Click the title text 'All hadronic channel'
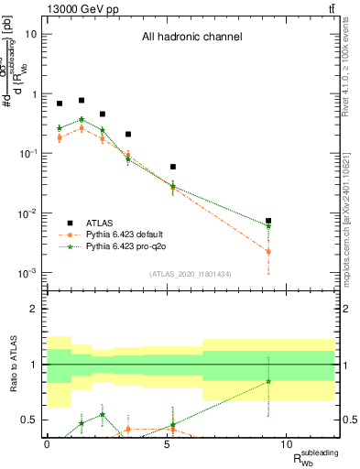[191, 38]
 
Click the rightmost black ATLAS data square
[268, 221]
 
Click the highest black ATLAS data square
[82, 101]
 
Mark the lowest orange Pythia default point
[268, 251]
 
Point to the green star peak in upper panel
[82, 119]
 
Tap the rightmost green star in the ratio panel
[268, 381]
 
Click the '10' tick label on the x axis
[287, 443]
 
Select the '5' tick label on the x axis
[167, 443]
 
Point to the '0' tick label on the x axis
[47, 443]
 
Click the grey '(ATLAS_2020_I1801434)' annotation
[191, 274]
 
